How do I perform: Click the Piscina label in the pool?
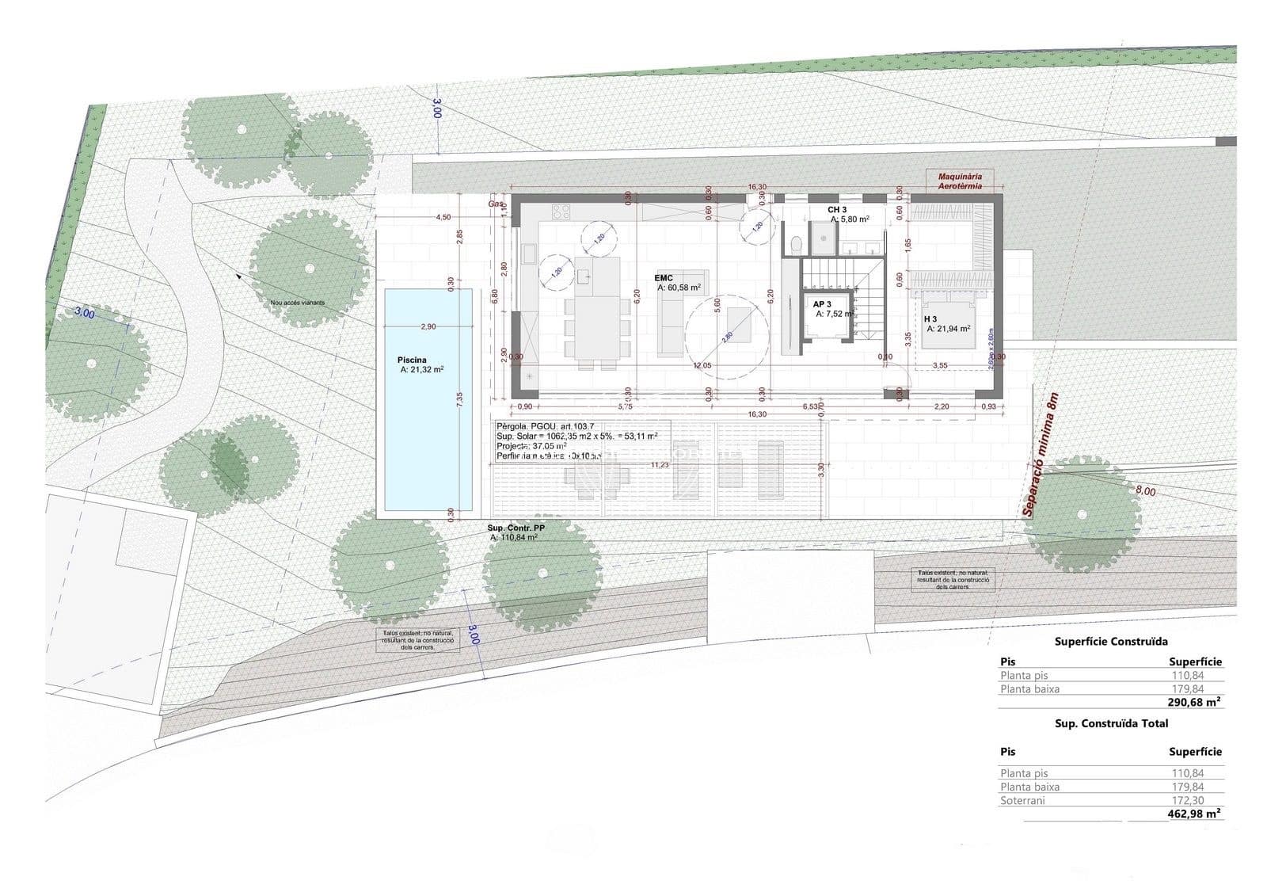click(x=413, y=360)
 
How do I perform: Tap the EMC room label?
click(x=664, y=278)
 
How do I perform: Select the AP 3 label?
click(x=822, y=304)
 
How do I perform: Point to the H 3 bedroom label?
click(x=930, y=319)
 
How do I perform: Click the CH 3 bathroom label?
click(x=837, y=210)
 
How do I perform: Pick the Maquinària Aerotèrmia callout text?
click(x=960, y=181)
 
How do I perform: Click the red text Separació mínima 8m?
click(x=1040, y=456)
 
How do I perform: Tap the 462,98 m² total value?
click(x=1193, y=814)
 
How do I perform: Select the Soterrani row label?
click(x=1022, y=800)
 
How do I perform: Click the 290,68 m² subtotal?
click(x=1193, y=702)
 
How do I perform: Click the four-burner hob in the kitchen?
click(x=561, y=212)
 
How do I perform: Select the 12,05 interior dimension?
click(x=702, y=365)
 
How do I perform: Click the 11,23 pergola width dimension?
click(x=659, y=465)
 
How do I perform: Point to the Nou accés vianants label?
click(x=297, y=303)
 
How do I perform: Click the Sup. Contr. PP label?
click(x=516, y=527)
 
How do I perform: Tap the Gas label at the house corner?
click(x=497, y=204)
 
